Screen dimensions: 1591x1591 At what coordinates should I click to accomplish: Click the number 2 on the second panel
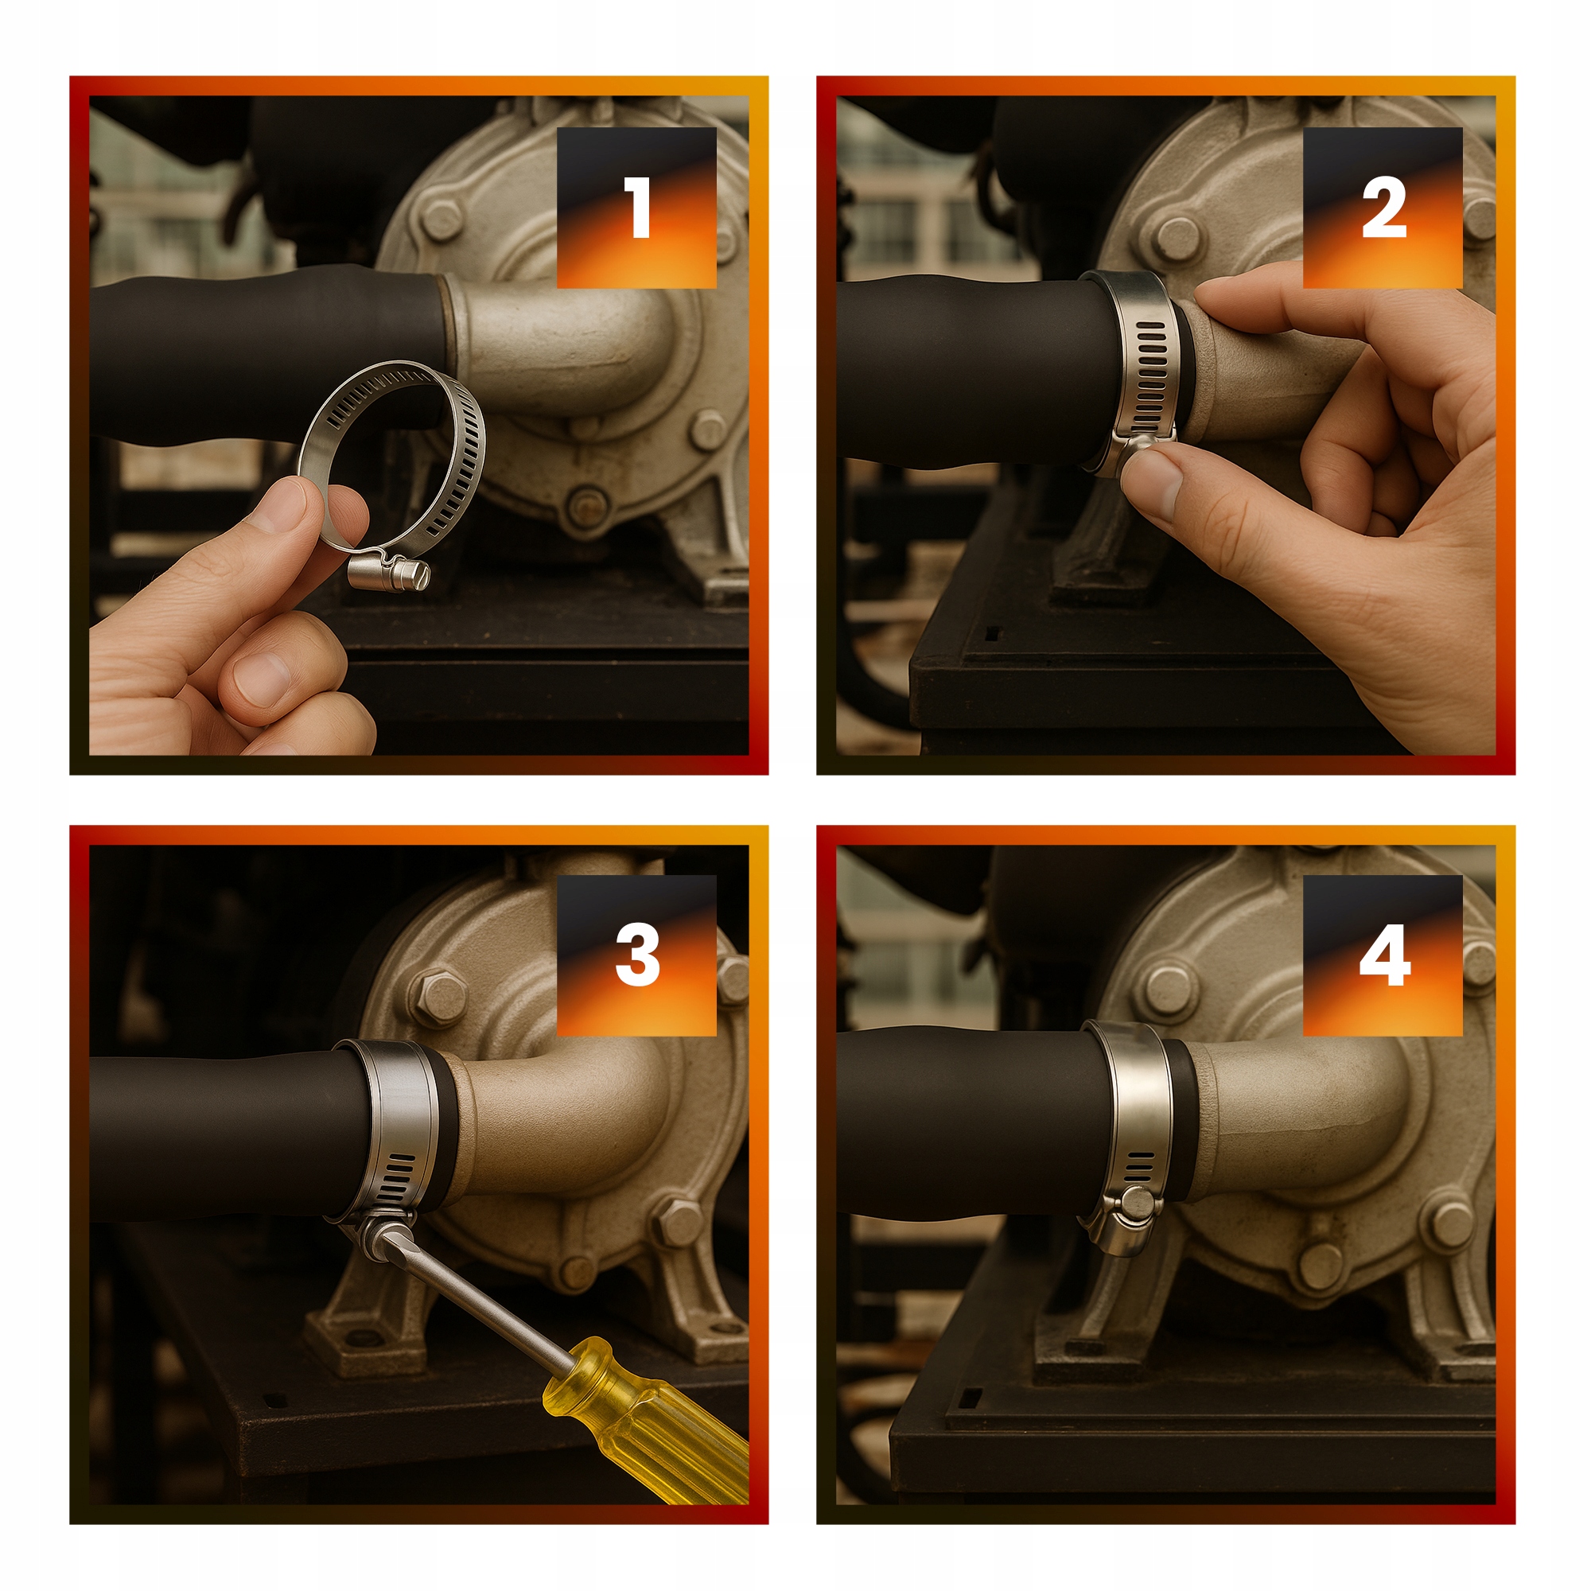tap(1383, 208)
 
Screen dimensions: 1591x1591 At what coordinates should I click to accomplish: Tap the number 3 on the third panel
tap(637, 955)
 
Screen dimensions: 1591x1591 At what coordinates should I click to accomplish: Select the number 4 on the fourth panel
tap(1384, 955)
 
